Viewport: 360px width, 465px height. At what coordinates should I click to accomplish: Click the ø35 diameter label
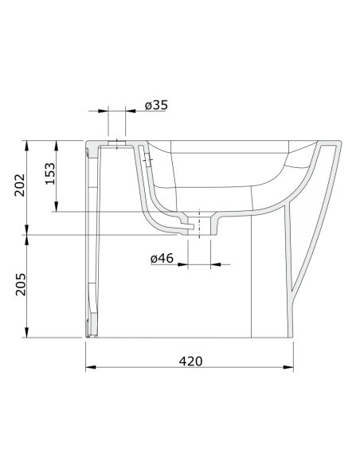point(157,104)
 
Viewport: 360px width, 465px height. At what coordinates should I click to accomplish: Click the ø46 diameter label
point(162,258)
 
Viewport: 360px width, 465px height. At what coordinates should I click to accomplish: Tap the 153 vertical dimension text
point(49,173)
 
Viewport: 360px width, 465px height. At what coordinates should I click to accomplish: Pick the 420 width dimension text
point(190,361)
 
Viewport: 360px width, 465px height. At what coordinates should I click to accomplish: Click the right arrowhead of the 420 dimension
point(291,367)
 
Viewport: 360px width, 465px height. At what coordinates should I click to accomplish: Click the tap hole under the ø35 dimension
point(116,144)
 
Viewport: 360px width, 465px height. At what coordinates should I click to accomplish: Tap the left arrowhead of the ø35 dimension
point(104,111)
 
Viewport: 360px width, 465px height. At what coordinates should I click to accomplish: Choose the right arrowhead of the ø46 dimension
point(214,264)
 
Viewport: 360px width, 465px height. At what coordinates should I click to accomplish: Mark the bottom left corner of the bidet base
point(86,336)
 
